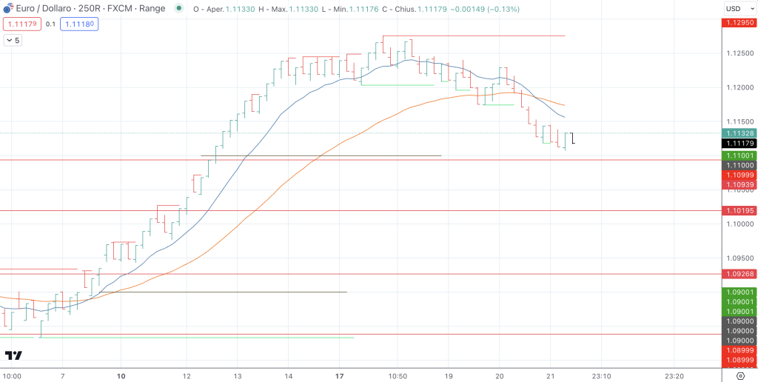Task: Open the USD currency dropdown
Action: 738,9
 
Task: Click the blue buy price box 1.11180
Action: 81,24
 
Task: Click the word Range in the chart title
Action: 152,9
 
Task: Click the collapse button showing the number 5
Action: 13,40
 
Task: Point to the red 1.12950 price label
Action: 738,22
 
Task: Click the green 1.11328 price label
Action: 738,133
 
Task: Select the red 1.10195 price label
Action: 738,211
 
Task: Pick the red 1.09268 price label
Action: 738,274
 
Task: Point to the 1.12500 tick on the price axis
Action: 738,53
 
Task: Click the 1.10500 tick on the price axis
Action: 738,190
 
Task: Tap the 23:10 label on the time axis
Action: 600,375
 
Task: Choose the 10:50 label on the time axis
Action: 398,375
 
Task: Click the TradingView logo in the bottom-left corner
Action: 13,355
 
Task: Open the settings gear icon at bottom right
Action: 739,375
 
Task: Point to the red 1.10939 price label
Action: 738,184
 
